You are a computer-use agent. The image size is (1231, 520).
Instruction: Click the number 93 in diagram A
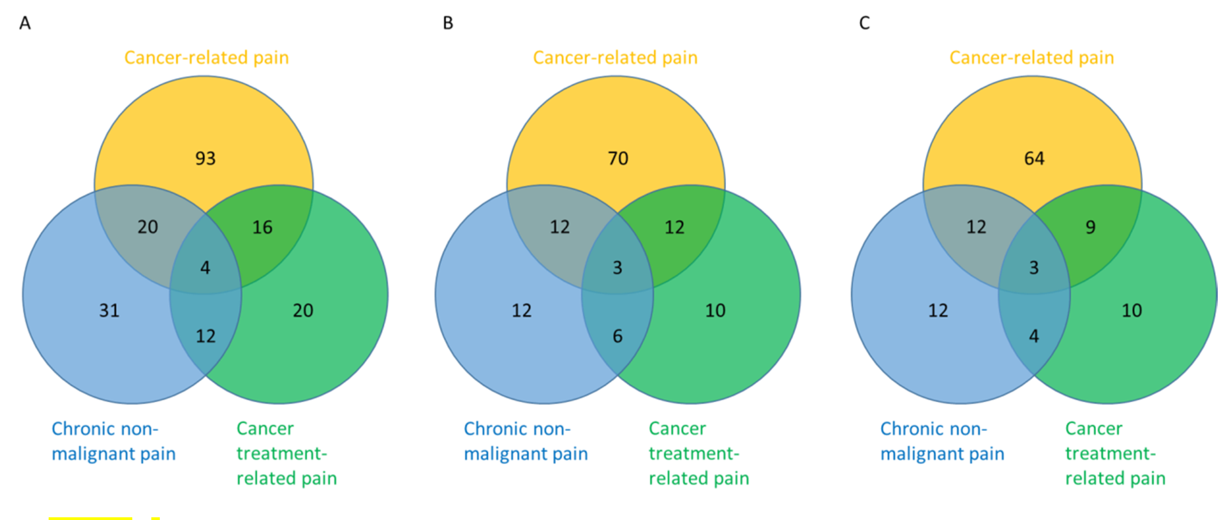coord(205,158)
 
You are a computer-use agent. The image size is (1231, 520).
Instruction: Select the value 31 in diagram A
coord(109,311)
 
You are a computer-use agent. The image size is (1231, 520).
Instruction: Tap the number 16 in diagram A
coord(262,227)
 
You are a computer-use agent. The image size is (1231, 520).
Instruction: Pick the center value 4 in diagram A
coord(205,268)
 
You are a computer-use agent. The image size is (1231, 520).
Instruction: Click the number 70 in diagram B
coord(618,158)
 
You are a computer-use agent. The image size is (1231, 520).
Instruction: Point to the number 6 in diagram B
coord(618,336)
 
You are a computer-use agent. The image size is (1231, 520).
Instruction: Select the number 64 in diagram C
coord(1034,158)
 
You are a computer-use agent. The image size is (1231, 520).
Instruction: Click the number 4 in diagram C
coord(1034,336)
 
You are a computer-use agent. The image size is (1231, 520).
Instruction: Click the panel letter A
coord(25,23)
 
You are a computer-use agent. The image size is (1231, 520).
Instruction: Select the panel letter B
coord(448,23)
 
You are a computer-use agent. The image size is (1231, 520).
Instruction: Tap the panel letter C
coord(864,23)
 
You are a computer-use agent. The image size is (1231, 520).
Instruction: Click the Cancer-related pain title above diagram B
coord(615,58)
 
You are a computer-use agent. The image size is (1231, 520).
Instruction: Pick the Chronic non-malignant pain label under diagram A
coord(113,441)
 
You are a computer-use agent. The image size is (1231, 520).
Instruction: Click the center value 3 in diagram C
coord(1034,268)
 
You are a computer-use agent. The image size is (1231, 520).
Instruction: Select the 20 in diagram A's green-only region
coord(303,311)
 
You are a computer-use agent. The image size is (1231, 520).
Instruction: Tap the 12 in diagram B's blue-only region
coord(521,311)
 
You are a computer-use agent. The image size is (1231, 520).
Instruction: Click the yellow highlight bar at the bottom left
coord(91,518)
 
